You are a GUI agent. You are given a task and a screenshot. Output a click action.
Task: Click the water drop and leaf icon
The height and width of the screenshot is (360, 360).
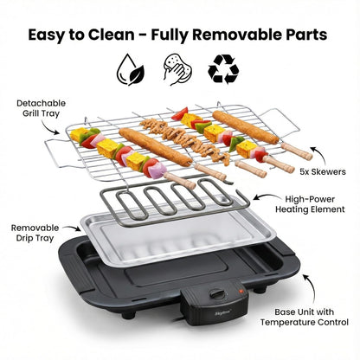click(x=131, y=69)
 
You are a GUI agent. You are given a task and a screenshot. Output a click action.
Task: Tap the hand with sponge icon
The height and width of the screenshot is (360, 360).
click(x=177, y=69)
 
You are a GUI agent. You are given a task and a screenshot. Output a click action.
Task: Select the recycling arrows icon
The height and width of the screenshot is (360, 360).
click(x=223, y=69)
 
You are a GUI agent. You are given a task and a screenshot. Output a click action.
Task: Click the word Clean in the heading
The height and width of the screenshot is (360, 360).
click(x=111, y=35)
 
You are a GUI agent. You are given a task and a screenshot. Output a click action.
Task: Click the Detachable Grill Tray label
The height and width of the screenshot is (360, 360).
click(x=41, y=108)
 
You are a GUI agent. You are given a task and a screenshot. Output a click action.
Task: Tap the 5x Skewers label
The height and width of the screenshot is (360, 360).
click(x=323, y=172)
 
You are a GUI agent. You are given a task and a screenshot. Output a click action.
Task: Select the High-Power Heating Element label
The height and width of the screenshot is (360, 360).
click(x=310, y=204)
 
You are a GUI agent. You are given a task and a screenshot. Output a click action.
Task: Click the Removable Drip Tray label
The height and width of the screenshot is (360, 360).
click(x=35, y=233)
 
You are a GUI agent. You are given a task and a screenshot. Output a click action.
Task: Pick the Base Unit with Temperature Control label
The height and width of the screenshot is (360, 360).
click(x=305, y=317)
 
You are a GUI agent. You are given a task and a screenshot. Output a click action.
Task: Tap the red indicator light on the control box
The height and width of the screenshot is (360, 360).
click(x=240, y=291)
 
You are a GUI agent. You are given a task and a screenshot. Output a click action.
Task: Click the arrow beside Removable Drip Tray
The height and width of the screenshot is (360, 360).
click(x=73, y=228)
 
